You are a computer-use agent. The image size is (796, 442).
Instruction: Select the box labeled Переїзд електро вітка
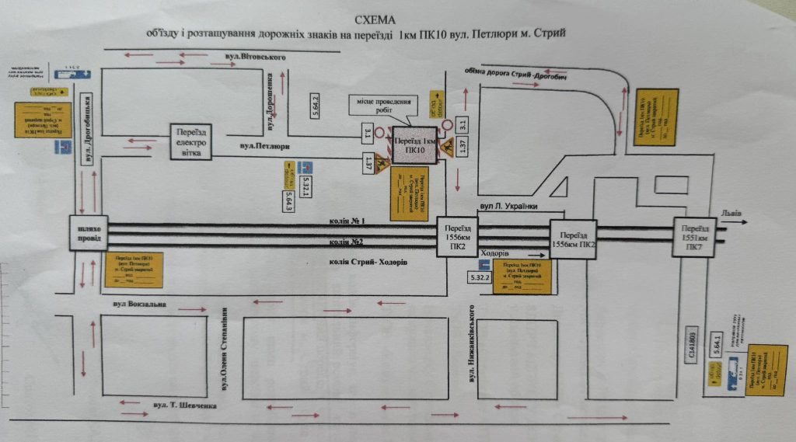click(192, 142)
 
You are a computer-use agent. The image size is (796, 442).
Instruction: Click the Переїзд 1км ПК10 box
click(416, 144)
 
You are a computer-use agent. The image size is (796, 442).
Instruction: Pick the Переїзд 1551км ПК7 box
click(694, 235)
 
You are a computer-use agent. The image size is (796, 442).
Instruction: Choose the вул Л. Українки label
click(510, 206)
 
